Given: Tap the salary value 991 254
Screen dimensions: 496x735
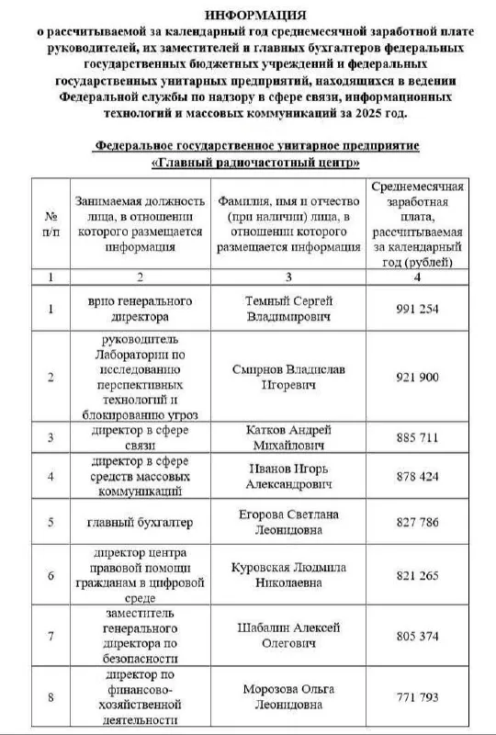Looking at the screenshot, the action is pyautogui.click(x=417, y=309).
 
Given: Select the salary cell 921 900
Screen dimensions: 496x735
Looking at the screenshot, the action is pyautogui.click(x=417, y=377).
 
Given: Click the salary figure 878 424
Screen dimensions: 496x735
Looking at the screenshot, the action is pyautogui.click(x=417, y=476).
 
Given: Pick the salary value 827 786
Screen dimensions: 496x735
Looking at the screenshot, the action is pyautogui.click(x=417, y=522).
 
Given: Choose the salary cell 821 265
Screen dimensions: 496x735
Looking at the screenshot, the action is pyautogui.click(x=417, y=575).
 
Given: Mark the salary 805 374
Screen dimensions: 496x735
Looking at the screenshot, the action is pyautogui.click(x=417, y=635).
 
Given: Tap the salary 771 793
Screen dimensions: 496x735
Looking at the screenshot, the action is pyautogui.click(x=417, y=697).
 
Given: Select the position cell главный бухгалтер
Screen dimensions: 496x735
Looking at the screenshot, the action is pyautogui.click(x=141, y=523).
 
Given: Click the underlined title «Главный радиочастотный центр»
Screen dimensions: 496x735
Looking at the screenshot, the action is pyautogui.click(x=256, y=163).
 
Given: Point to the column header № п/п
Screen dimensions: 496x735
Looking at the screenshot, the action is pyautogui.click(x=51, y=223).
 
